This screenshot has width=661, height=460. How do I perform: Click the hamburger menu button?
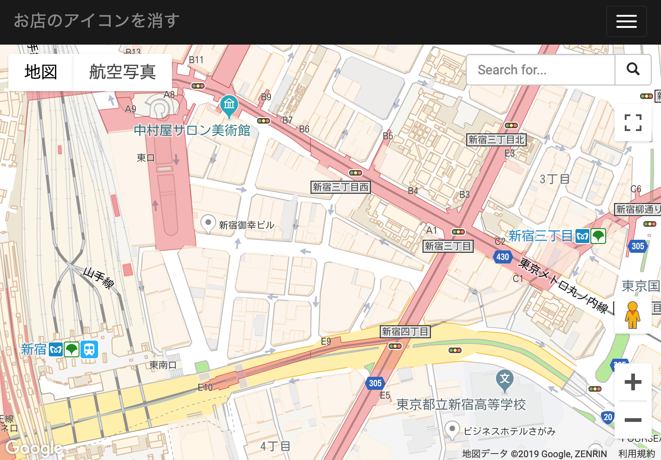click(x=626, y=21)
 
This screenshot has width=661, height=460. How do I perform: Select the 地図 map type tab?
click(x=41, y=72)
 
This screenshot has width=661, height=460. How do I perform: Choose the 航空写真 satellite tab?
click(x=122, y=72)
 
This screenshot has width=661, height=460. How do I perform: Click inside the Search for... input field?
click(x=540, y=70)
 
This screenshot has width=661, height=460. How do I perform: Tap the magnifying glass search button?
click(x=633, y=70)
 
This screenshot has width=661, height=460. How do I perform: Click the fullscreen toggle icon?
click(x=633, y=123)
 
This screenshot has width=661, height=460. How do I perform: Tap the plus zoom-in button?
click(x=633, y=382)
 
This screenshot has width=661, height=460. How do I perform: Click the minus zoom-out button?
click(x=633, y=420)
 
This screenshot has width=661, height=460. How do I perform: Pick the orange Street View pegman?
click(x=632, y=315)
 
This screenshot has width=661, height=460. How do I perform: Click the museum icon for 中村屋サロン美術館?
click(x=229, y=105)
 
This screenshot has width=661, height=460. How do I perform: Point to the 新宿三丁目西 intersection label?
click(x=341, y=187)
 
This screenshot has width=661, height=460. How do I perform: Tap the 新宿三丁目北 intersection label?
click(x=496, y=140)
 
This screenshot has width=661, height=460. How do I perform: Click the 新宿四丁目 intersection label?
click(x=405, y=332)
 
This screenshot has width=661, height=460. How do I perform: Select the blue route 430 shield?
click(x=502, y=257)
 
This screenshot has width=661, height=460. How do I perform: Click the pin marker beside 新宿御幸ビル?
click(x=208, y=223)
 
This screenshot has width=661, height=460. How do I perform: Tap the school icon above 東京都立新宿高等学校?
click(x=505, y=379)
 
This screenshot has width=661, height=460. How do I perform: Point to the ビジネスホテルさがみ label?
click(x=509, y=431)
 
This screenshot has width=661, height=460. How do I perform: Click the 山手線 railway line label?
click(x=99, y=278)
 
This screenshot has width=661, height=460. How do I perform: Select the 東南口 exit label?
click(x=163, y=365)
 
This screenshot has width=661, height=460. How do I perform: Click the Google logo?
click(x=34, y=448)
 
